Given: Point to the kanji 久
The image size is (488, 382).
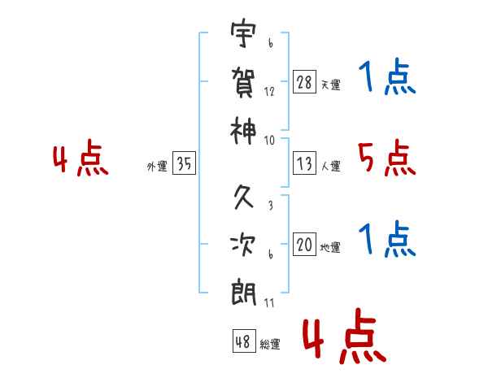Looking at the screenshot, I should point(244,197).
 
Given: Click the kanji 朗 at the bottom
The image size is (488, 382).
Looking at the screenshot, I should point(244,292).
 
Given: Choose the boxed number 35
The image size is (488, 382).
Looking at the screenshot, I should point(184,163).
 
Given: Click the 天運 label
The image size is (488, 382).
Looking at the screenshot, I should point(330,85).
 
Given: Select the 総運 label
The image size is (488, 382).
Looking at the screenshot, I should point(270,344).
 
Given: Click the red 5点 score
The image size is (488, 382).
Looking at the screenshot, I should point(387,158).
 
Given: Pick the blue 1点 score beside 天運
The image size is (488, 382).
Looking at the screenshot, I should point(387,78).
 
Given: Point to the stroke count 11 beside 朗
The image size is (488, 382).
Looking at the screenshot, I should point(269,303).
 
